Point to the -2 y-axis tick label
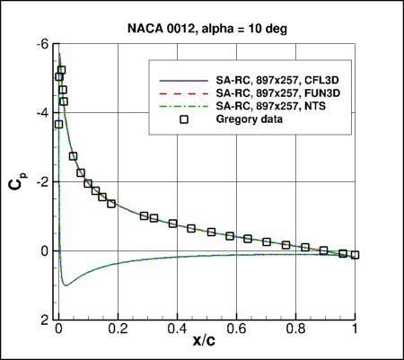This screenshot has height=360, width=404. coord(44,182)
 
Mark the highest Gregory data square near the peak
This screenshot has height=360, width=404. coord(61,70)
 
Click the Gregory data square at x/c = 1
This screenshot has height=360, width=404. coord(356,255)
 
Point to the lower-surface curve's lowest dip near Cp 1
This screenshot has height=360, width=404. coord(65,285)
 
